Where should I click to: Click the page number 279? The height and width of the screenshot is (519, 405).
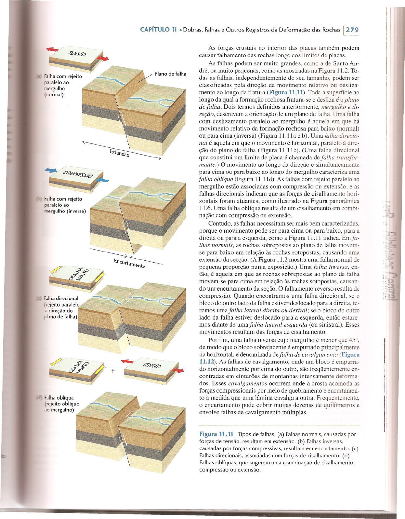pos(352,30)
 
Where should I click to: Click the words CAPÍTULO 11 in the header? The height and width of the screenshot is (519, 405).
pos(158,30)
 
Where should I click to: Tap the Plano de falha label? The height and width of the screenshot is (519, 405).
pos(170,74)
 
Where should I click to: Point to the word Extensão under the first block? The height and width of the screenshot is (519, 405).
pos(119,153)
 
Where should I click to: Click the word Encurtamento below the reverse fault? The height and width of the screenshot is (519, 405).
pos(129,263)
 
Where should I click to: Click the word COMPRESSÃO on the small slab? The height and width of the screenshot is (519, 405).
pos(78,175)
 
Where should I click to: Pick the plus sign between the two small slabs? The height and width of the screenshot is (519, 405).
pos(113,371)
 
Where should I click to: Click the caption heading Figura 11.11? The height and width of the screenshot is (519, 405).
pos(216,434)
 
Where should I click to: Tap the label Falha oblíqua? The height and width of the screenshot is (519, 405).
pos(59,398)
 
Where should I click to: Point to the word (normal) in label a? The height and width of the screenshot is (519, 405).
pos(54,95)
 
